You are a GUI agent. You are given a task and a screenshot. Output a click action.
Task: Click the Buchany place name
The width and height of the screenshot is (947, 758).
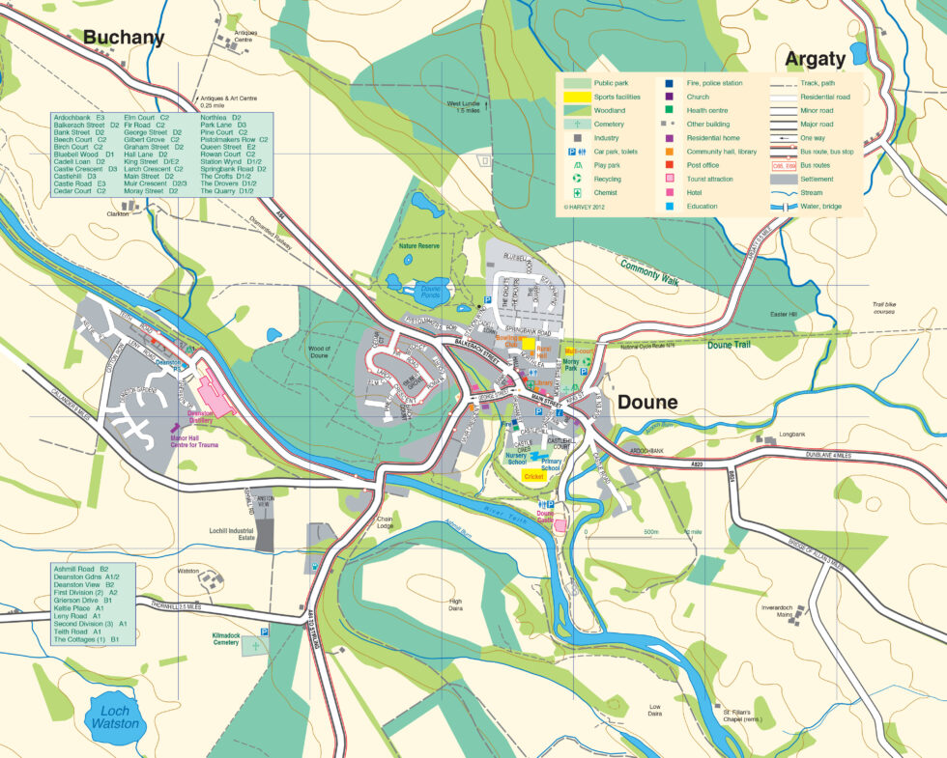click(x=124, y=38)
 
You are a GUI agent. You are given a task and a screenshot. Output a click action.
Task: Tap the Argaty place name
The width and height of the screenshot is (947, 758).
click(x=815, y=59)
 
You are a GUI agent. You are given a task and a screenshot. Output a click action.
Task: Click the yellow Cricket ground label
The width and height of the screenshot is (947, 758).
click(x=533, y=477)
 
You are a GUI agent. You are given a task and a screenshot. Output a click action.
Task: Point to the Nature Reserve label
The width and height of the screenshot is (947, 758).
click(x=419, y=247)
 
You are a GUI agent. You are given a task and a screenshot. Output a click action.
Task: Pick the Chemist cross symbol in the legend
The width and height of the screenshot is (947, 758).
click(x=578, y=192)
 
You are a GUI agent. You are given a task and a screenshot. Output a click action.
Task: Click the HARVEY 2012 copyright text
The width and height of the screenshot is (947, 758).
click(x=587, y=206)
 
